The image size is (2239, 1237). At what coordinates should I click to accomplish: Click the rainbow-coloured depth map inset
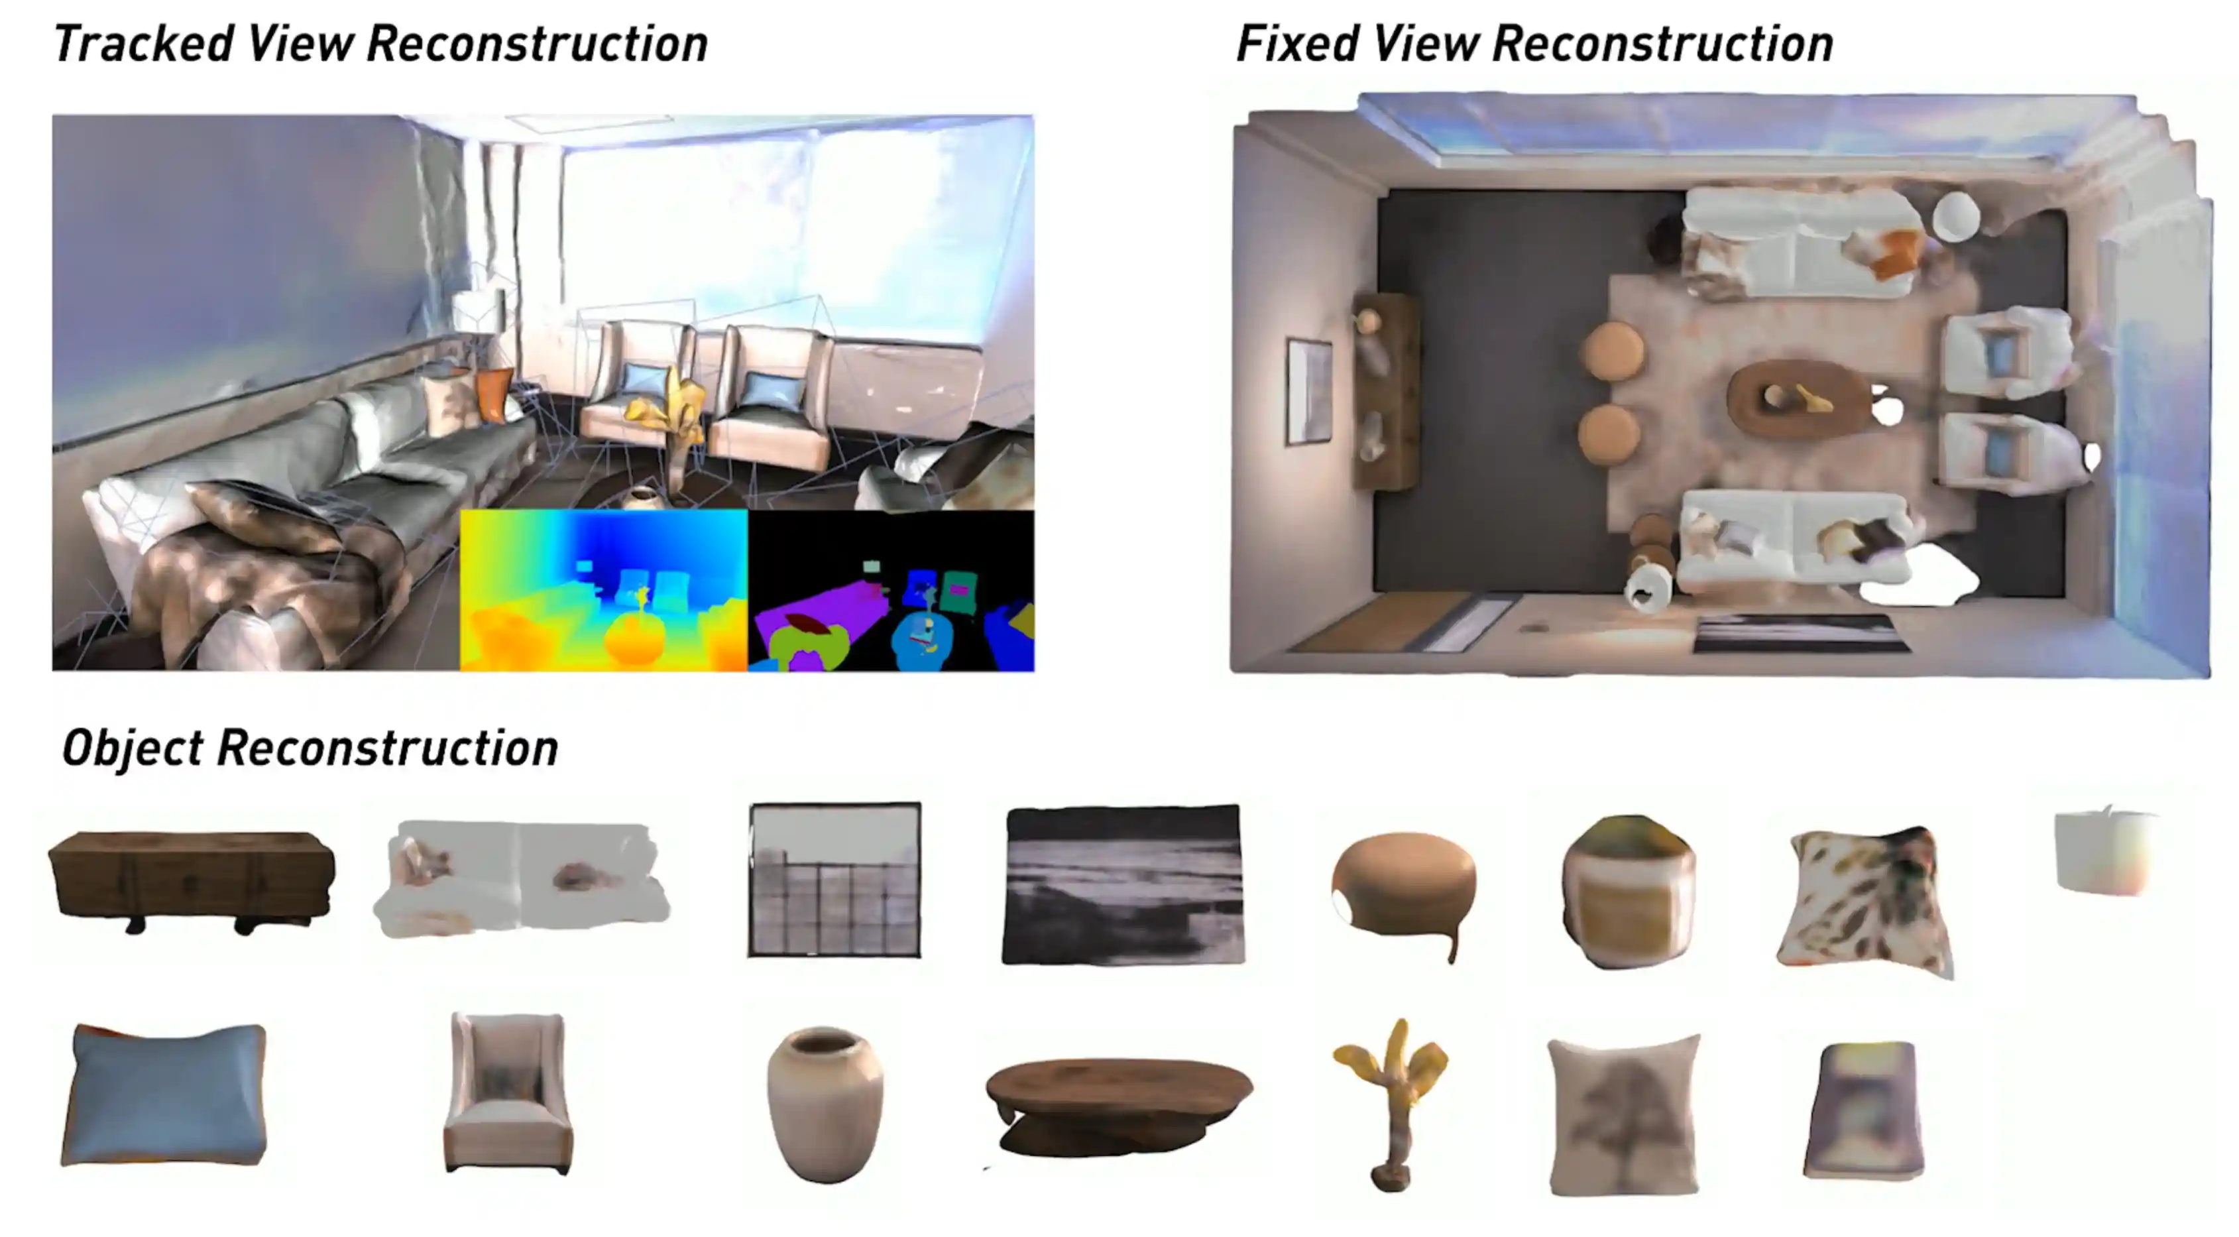coord(603,590)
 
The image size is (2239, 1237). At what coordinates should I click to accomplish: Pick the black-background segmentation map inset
coord(891,590)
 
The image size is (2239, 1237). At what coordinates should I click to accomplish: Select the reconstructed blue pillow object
coord(164,1094)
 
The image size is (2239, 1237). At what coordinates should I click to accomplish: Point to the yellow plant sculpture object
coord(1390,1104)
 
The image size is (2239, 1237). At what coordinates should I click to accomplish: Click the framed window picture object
coord(834,880)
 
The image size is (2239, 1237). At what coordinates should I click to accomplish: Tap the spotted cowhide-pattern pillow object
coord(1865,902)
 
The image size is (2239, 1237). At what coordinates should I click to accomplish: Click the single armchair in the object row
coord(508,1094)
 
